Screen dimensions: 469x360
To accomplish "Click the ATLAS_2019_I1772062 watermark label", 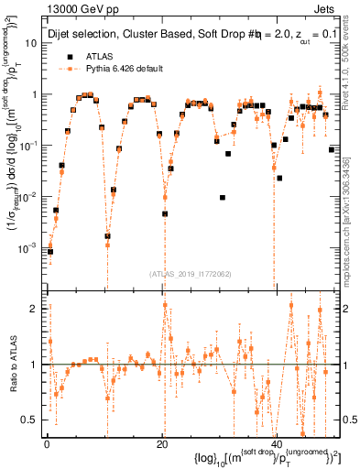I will [x=191, y=274].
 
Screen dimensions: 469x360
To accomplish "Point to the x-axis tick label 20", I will [x=161, y=442].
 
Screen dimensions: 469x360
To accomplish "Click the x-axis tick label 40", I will [x=277, y=442].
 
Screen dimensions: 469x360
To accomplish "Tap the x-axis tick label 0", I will [x=47, y=442].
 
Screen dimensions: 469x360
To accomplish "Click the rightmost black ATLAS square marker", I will [x=331, y=149].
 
